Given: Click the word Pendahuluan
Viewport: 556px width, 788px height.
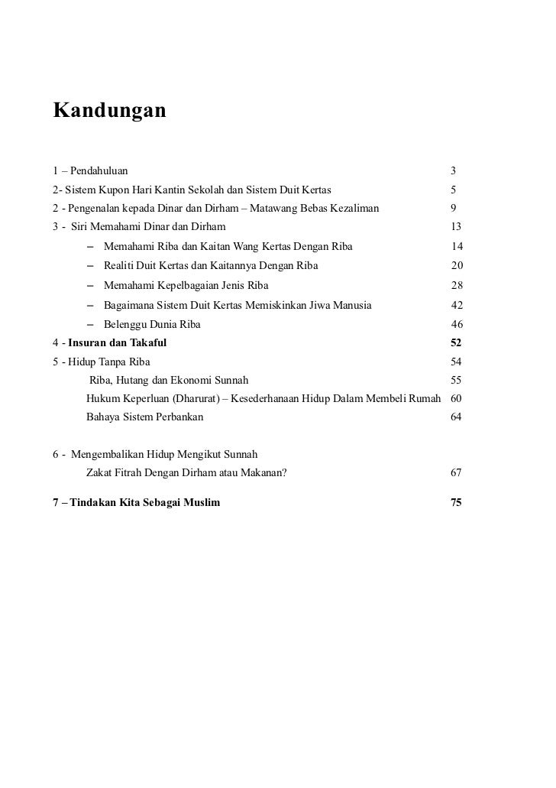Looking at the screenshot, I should [99, 170].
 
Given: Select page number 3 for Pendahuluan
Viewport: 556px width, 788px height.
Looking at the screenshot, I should [453, 170].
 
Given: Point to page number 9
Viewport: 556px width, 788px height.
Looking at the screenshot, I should [454, 208].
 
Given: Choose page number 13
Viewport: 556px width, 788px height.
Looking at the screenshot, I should [457, 227].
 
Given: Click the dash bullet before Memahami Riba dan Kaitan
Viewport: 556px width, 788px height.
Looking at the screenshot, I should [92, 247].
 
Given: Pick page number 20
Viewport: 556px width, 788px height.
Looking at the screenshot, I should [457, 266].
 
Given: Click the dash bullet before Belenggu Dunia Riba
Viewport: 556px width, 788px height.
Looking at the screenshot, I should [92, 325].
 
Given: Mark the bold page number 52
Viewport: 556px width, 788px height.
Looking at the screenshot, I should [457, 343].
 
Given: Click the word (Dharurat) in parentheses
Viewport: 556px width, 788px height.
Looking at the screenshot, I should [200, 399].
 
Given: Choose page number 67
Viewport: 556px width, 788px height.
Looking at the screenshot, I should [457, 473].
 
